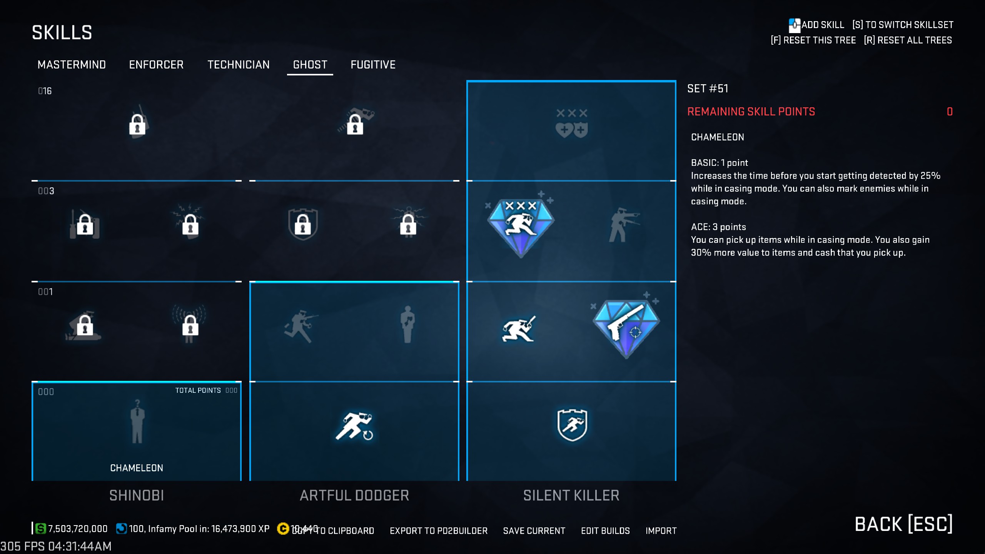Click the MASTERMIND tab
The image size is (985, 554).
pos(72,65)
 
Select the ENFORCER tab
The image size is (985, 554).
pos(156,65)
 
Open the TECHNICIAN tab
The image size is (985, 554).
pos(239,65)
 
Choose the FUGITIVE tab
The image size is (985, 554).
pos(373,65)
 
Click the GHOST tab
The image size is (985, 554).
pos(310,65)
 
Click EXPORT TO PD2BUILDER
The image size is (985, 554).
pos(439,531)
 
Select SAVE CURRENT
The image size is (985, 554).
pos(534,531)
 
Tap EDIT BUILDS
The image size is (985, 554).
pos(605,531)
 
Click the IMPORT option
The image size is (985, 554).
pos(661,531)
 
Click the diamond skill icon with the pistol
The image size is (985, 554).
pos(626,328)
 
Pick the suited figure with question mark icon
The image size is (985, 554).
pos(137,421)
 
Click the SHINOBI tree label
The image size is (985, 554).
pos(137,496)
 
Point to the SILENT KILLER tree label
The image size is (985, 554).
pos(571,496)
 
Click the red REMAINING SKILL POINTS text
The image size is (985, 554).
pos(751,112)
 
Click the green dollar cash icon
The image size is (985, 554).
pos(40,529)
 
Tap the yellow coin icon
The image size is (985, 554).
pos(283,529)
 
